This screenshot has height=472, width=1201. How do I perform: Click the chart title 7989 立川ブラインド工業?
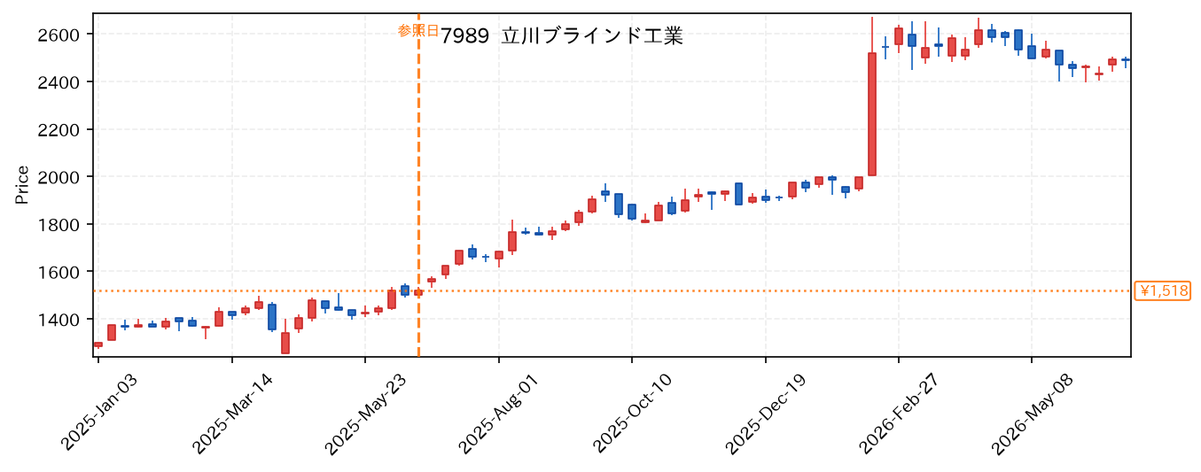point(561,36)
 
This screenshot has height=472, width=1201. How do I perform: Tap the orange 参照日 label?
point(417,30)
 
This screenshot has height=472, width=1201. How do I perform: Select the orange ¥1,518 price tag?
point(1162,291)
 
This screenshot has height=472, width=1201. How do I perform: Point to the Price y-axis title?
point(22,185)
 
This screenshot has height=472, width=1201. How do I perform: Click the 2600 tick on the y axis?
point(58,35)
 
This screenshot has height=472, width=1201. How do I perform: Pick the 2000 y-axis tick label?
point(58,177)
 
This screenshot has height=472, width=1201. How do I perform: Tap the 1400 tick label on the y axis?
point(58,320)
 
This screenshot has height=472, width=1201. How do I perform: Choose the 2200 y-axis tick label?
point(58,129)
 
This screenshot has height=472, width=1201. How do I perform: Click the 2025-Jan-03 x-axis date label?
point(99,413)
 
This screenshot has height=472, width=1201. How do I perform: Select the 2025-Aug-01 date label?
point(499,414)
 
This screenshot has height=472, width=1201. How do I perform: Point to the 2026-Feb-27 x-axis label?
point(899,414)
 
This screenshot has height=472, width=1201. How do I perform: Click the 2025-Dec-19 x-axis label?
point(766,414)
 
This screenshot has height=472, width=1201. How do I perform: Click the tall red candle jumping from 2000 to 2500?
point(872,114)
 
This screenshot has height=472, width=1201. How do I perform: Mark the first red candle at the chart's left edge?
point(98,344)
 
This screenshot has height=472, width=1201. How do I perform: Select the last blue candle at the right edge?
point(1126,59)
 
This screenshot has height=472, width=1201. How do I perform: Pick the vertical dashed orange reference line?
point(418,185)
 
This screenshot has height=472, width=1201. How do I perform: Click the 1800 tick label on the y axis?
point(58,225)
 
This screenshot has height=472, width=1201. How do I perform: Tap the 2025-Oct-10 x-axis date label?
point(633,414)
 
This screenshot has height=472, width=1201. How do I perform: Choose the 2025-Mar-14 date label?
point(233,414)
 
